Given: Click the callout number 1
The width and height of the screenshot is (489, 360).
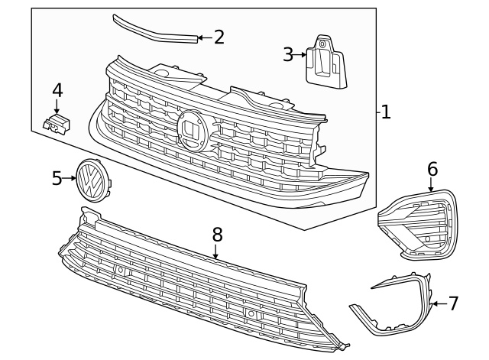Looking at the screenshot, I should click(x=386, y=112).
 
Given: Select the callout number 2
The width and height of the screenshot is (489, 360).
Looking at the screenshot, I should click(x=219, y=37).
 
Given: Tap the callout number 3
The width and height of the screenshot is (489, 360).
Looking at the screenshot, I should click(x=288, y=54).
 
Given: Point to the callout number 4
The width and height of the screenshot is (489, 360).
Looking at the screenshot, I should click(x=57, y=90).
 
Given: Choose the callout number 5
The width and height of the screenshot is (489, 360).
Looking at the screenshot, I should click(x=57, y=178).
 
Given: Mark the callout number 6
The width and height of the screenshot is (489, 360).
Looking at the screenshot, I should click(x=432, y=169).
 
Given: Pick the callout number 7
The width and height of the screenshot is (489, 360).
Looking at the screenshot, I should click(x=453, y=303).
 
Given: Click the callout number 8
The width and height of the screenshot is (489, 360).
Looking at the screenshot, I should click(x=217, y=233).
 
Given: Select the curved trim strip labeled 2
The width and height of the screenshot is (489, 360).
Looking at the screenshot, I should click(x=153, y=29).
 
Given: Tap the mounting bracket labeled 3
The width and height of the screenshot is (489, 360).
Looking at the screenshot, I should click(x=325, y=60).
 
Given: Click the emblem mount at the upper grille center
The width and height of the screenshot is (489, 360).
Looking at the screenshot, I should click(x=192, y=131).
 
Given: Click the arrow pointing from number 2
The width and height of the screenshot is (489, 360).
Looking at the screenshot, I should click(x=203, y=37).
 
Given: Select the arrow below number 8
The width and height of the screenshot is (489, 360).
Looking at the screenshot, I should click(x=216, y=251).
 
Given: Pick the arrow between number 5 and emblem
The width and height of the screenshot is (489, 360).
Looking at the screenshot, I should click(x=70, y=178).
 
